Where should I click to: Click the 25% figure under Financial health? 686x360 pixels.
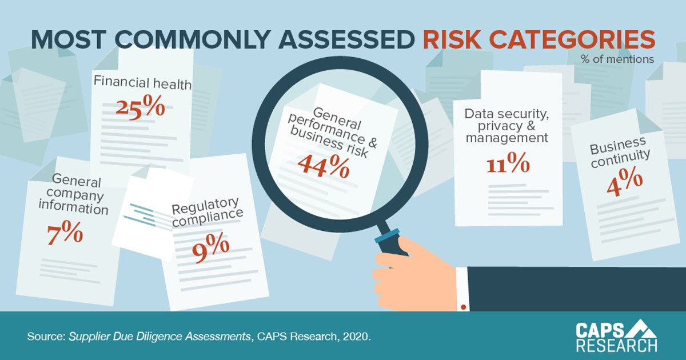coord(140,107)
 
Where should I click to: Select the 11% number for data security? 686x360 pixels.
coord(508,164)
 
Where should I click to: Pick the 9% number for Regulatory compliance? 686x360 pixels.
coord(211,246)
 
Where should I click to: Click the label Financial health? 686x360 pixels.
coord(142,85)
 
